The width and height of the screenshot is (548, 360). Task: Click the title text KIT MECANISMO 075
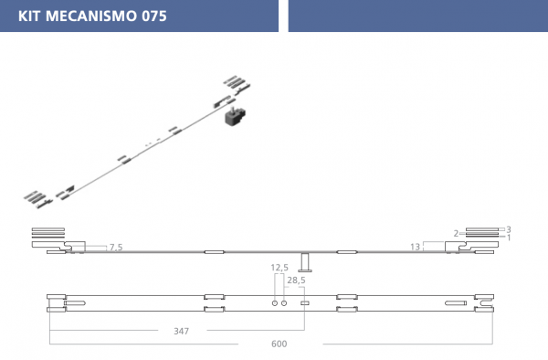click(x=92, y=16)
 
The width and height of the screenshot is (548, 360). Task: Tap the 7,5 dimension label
click(x=116, y=247)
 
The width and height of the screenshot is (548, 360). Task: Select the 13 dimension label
click(x=415, y=247)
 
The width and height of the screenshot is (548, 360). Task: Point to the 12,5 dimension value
click(x=279, y=268)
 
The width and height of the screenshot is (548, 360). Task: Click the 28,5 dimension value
click(x=296, y=281)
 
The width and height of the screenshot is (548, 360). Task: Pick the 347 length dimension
click(x=182, y=331)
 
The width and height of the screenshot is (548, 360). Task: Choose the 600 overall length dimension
click(x=279, y=344)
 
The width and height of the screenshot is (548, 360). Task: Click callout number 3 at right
click(x=509, y=229)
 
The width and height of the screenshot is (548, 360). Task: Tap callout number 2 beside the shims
click(x=456, y=233)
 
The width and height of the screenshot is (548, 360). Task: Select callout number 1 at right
click(x=509, y=238)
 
